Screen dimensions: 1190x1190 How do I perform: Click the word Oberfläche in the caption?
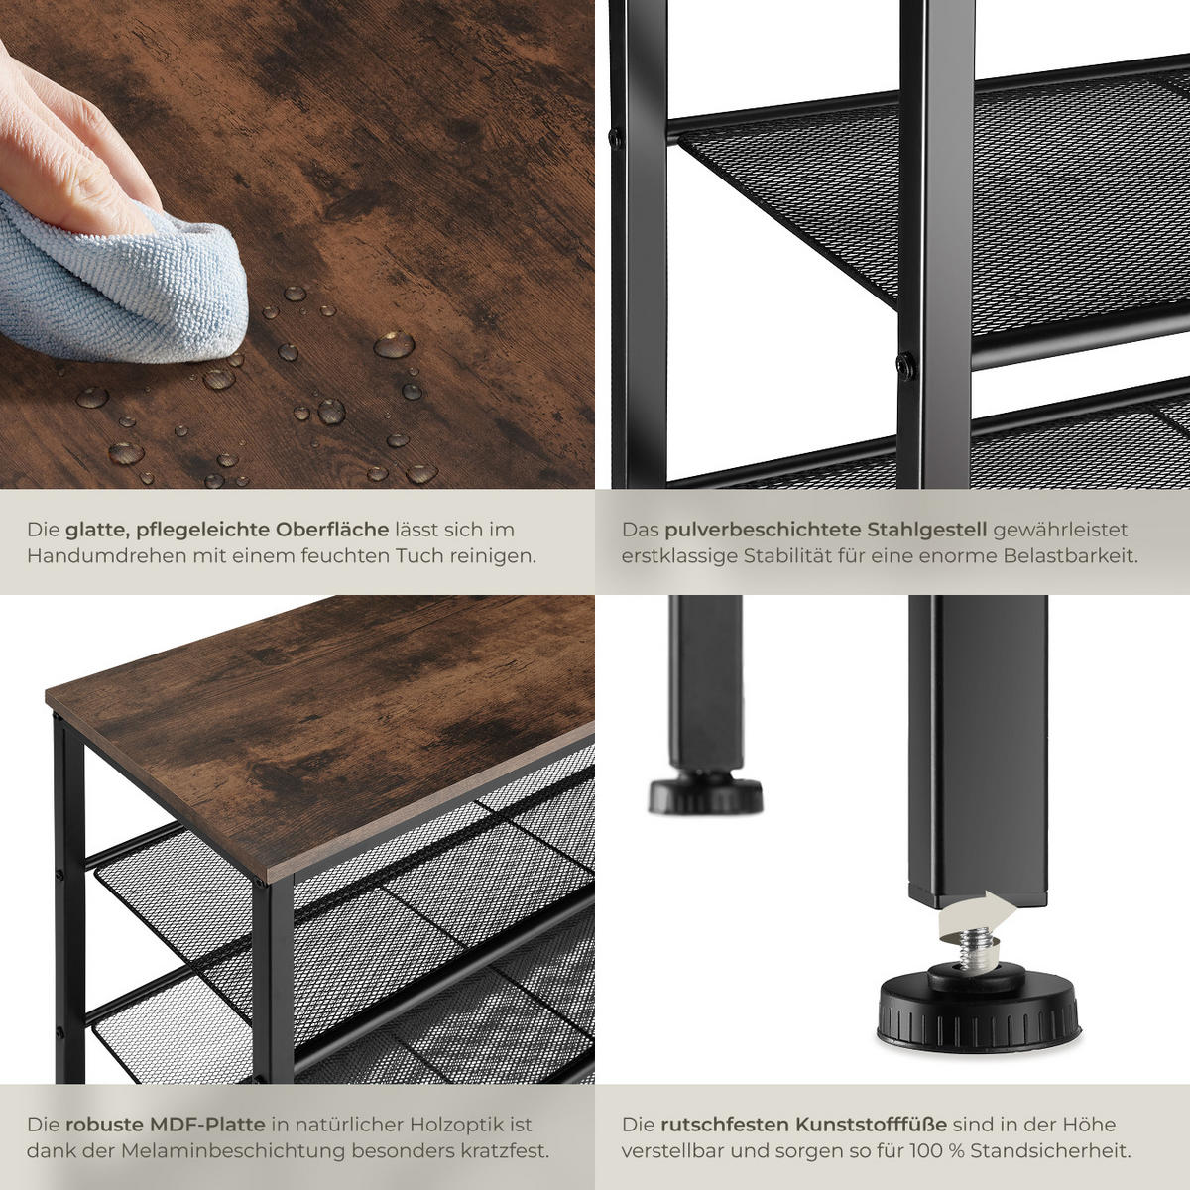click(332, 530)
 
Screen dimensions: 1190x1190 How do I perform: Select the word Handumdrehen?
click(106, 556)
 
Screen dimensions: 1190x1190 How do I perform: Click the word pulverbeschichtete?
click(763, 530)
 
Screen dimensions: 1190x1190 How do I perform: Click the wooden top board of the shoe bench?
click(321, 735)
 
